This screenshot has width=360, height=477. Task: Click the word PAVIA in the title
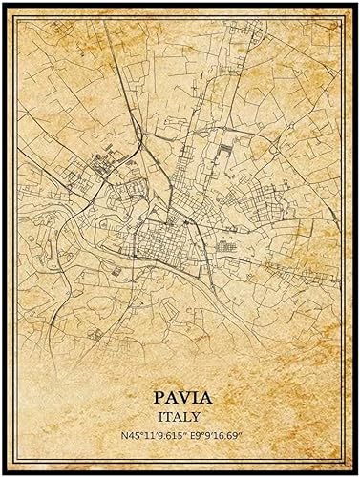click(x=180, y=396)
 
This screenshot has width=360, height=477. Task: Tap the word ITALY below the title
click(x=180, y=416)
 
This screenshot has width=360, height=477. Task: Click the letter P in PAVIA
click(x=156, y=396)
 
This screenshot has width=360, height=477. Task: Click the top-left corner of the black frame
click(x=3, y=3)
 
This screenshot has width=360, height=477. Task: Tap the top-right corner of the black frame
click(x=357, y=3)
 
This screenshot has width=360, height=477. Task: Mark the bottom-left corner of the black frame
click(x=3, y=474)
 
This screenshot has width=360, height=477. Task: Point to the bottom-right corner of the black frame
click(x=357, y=474)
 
